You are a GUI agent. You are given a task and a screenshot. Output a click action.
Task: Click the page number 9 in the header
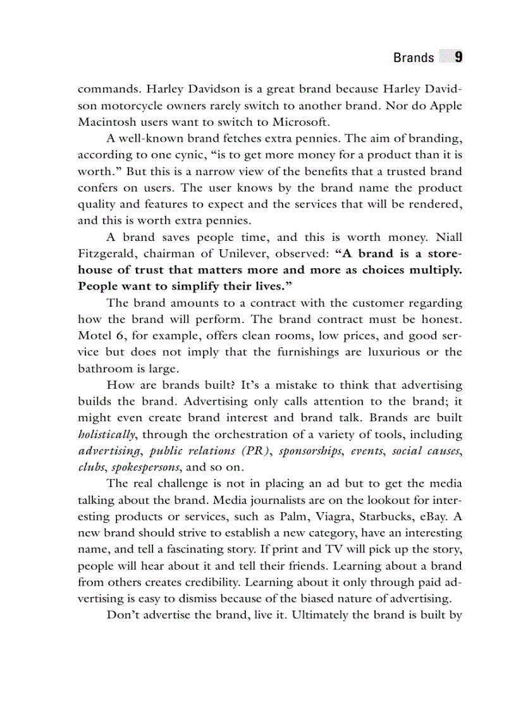coord(458,58)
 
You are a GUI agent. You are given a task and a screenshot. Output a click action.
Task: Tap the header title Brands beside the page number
coord(414,58)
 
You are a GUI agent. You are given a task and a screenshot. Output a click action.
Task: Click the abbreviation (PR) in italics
coord(250,451)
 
